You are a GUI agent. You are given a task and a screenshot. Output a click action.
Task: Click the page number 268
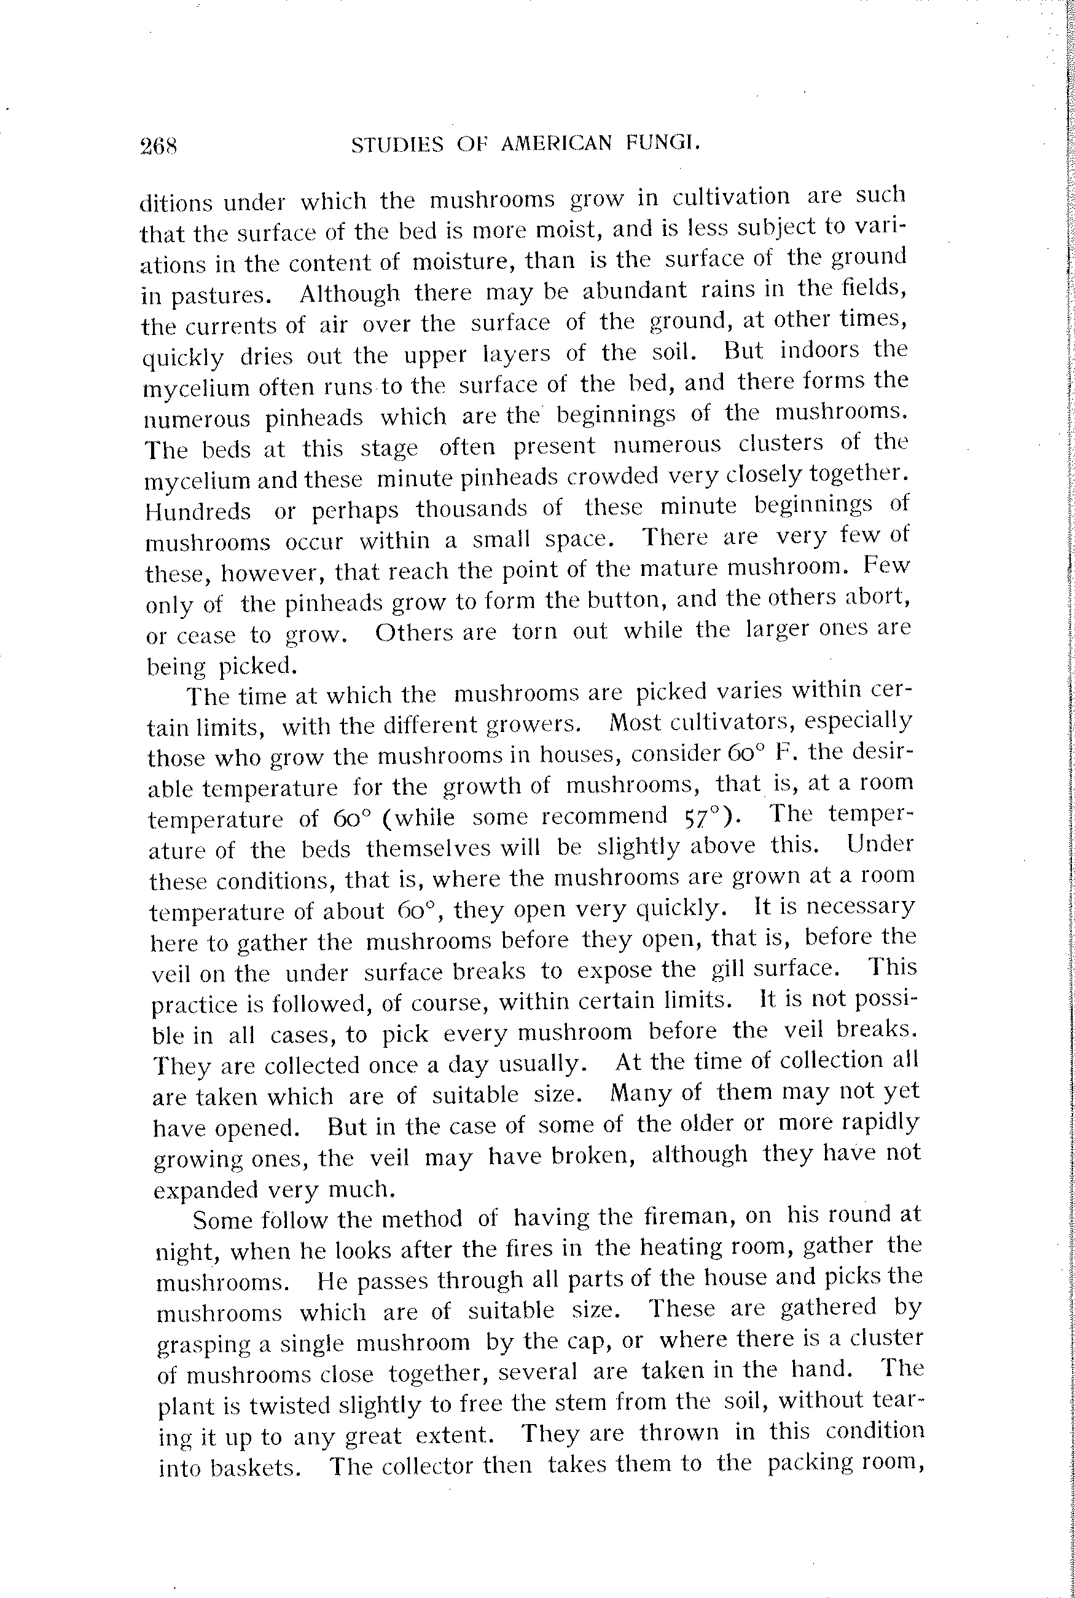[x=158, y=146]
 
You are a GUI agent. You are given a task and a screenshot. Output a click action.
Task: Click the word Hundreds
[x=198, y=511]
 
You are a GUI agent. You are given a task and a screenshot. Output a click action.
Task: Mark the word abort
[x=878, y=597]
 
